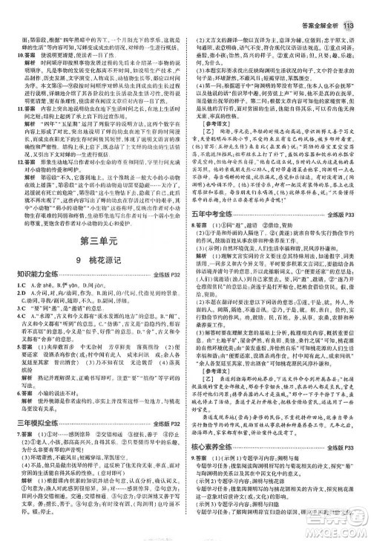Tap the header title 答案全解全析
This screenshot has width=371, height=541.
320,8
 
